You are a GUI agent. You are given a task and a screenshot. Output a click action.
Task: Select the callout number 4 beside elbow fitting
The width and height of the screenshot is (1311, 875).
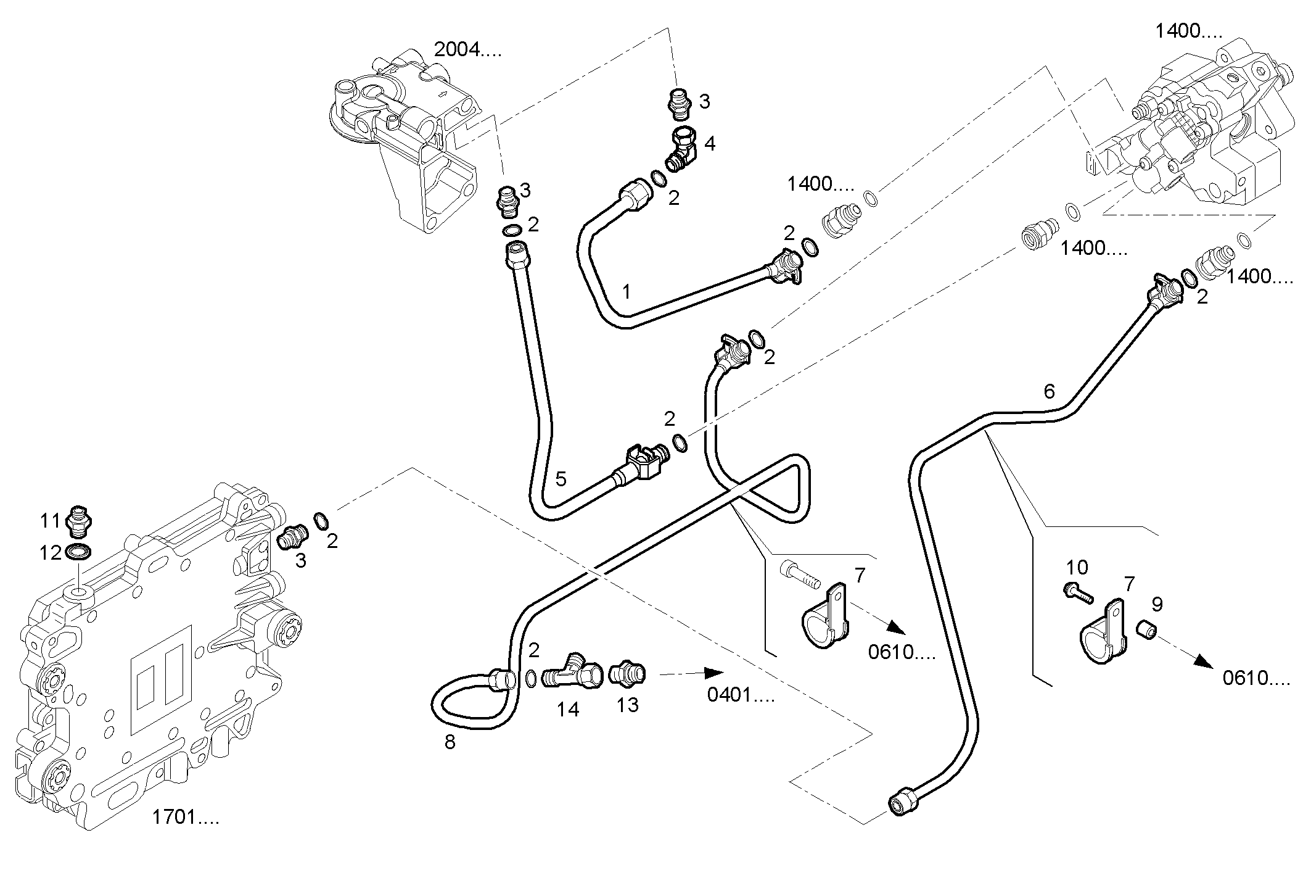point(710,144)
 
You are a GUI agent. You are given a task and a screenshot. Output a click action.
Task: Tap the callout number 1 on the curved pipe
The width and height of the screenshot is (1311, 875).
point(627,291)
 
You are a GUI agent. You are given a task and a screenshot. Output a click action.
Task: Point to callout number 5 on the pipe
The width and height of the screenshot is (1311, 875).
point(561,478)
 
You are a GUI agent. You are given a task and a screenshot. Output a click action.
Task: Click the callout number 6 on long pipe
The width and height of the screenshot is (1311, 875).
point(1049,391)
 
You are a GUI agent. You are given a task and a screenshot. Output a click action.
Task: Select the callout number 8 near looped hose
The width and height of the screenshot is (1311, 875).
point(450,742)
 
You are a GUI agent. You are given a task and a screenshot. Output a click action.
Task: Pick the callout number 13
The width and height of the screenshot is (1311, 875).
point(627,705)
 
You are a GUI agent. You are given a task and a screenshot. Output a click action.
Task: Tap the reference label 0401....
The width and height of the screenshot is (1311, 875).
point(740,695)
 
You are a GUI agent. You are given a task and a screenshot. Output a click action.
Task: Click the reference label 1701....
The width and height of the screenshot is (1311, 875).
point(185,818)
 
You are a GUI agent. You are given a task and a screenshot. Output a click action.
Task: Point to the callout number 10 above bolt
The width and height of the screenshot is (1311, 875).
point(1077,567)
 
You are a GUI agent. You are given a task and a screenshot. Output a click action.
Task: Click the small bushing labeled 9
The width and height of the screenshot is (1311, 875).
point(1146,630)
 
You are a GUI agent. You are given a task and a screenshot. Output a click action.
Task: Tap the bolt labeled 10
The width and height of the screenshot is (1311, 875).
point(1078,594)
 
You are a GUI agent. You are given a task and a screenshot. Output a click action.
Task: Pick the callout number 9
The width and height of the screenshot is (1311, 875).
point(1157,604)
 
